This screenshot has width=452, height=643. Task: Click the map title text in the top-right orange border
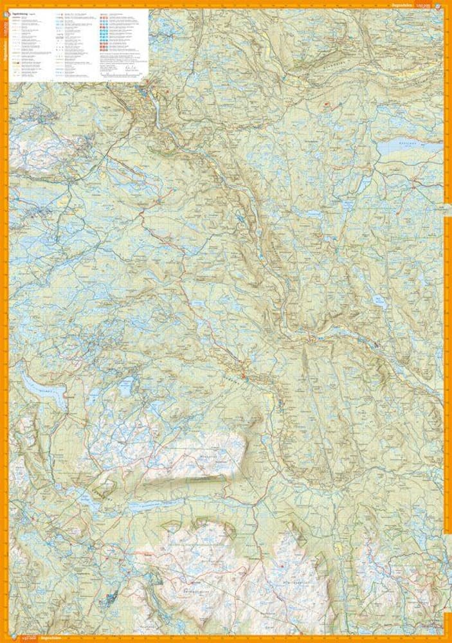[424, 5]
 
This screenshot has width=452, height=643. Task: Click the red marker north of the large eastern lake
[327, 104]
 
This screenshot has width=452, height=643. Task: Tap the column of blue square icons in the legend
[104, 39]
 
